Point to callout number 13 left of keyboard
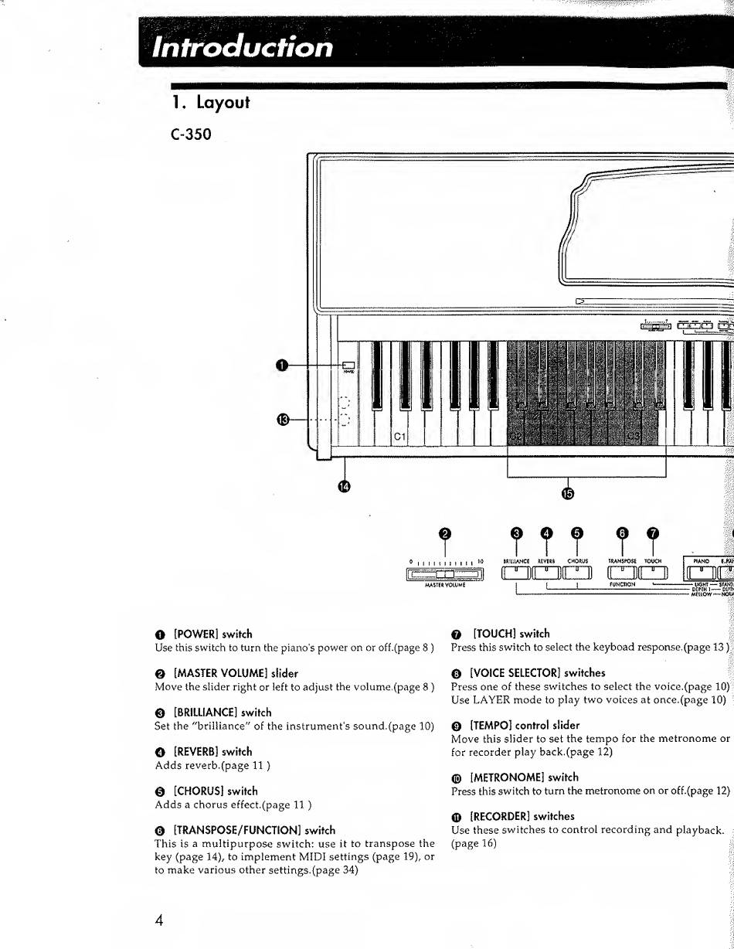[x=284, y=420]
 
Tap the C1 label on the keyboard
[x=400, y=437]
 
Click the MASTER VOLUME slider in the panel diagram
[x=444, y=573]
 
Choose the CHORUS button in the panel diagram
[x=577, y=573]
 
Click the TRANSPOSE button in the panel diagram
[x=623, y=573]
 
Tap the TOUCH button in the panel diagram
[x=652, y=573]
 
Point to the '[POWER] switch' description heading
[x=212, y=634]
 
